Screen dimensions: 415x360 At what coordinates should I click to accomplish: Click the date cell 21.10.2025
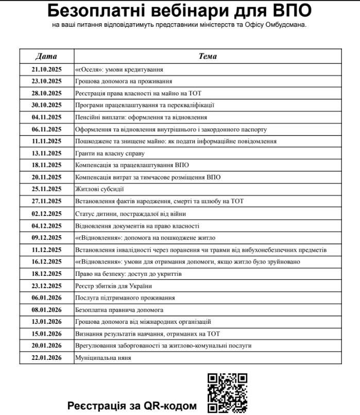point(46,69)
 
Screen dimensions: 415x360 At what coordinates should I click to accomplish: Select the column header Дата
point(46,56)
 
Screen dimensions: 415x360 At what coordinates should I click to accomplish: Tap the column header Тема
point(208,56)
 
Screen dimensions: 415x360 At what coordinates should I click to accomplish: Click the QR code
point(228,393)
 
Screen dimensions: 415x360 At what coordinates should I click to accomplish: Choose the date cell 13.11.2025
point(46,153)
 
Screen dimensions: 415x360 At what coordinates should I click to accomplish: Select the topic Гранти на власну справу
point(110,153)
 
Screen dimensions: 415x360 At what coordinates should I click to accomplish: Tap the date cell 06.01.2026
point(46,297)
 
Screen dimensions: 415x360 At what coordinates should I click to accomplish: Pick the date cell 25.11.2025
point(46,189)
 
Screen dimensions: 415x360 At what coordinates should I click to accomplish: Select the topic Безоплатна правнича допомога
point(119,309)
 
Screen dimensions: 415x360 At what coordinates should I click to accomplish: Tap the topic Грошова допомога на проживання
point(124,81)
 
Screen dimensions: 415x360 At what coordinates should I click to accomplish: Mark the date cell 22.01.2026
point(46,357)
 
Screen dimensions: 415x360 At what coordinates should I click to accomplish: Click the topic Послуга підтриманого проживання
point(125,297)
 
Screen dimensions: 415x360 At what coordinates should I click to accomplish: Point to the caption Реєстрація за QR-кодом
point(132,406)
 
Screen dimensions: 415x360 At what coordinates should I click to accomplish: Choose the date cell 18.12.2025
point(46,273)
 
